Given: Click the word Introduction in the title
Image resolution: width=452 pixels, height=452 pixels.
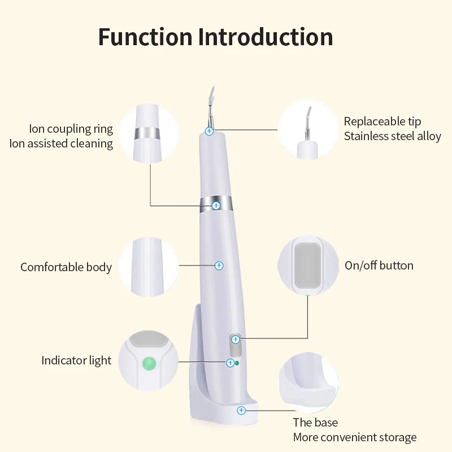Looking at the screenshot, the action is tap(266, 37).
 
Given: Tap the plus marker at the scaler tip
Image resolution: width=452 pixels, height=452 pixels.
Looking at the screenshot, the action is tap(209, 131).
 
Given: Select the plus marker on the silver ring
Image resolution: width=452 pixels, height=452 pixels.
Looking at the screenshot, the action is tap(216, 206).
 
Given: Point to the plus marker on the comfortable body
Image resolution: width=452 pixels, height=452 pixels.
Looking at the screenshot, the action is tap(219, 265).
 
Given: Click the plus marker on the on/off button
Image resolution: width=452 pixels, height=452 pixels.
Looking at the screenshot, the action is tap(235, 339).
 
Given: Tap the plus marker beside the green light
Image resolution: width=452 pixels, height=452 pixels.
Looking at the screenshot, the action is tap(231, 363).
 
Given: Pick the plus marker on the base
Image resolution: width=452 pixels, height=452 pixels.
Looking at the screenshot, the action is tap(241, 410).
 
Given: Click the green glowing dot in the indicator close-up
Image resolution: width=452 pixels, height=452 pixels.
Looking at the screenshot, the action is tap(149, 362).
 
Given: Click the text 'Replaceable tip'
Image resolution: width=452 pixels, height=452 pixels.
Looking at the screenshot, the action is tap(383, 121).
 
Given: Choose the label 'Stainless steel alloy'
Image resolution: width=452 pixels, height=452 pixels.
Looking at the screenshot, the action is tap(392, 136).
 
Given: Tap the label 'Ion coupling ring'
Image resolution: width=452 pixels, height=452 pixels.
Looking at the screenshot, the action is tap(71, 129).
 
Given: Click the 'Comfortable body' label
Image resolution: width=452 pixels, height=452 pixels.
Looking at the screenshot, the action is tap(66, 267).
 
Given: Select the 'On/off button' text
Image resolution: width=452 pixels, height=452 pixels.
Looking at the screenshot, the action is tap(379, 266).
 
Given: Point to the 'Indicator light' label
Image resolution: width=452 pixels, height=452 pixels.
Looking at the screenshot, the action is tap(76, 360).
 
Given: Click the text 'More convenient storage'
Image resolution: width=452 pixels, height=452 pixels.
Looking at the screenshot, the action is tap(354, 437).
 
